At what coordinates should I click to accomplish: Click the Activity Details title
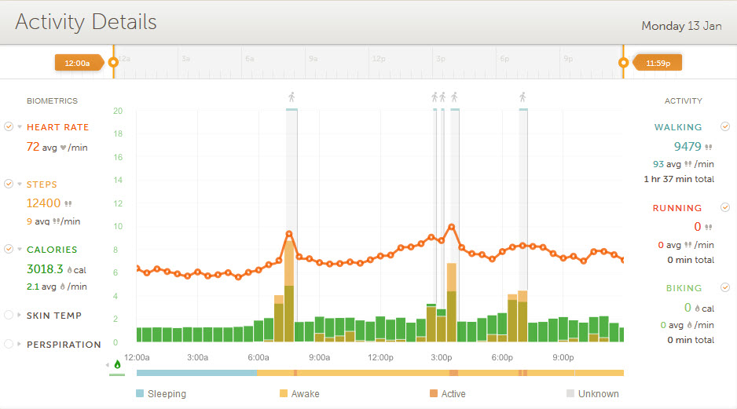pos(86,22)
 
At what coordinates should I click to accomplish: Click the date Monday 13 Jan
pos(681,26)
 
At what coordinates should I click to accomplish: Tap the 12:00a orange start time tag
pos(78,62)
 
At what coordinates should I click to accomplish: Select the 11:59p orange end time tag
pos(658,62)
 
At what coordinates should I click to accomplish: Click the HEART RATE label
pos(57,127)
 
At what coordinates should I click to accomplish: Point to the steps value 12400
pos(43,203)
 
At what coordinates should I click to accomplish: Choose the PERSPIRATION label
pos(64,345)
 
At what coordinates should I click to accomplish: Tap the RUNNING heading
pos(677,208)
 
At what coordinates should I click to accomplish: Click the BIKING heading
pos(684,288)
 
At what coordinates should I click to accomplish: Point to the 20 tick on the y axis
pos(117,111)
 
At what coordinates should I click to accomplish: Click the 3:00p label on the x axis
pos(442,358)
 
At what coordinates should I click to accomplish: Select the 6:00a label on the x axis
pos(258,358)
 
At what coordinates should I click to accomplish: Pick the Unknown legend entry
pos(598,394)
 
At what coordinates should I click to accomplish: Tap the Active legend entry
pos(453,394)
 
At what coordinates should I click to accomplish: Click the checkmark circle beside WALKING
pos(726,126)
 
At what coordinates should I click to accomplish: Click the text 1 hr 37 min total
pos(678,179)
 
